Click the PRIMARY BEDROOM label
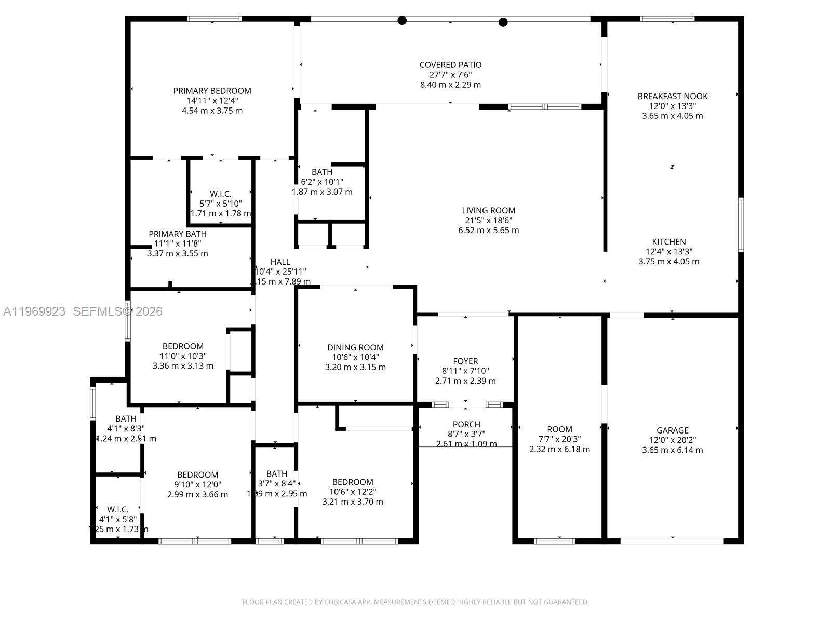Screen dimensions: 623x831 212,91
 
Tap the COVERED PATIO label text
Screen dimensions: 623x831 450,65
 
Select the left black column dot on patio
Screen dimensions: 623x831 402,21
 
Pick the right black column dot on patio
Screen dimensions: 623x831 503,22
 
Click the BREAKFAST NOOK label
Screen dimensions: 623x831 672,96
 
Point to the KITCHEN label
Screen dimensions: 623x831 668,242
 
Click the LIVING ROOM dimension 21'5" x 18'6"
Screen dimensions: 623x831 488,220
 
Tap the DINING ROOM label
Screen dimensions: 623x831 355,348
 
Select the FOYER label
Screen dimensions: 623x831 465,361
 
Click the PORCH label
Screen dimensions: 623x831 466,424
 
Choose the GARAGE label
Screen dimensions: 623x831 672,430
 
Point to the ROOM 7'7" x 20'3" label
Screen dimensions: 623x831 559,429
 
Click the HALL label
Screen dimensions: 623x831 280,262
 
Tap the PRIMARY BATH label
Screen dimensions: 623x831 178,234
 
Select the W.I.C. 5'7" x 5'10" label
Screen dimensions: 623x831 221,194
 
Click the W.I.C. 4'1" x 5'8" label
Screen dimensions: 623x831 118,510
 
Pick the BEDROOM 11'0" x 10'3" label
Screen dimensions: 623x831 183,346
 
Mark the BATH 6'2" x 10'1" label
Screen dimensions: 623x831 322,172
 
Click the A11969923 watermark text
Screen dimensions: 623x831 34,311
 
